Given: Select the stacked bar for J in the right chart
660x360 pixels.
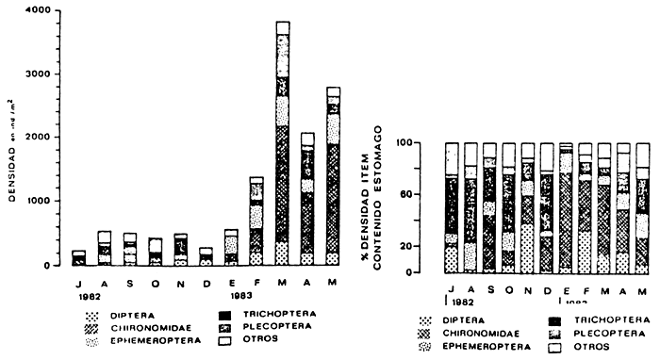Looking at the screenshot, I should (x=452, y=208).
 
